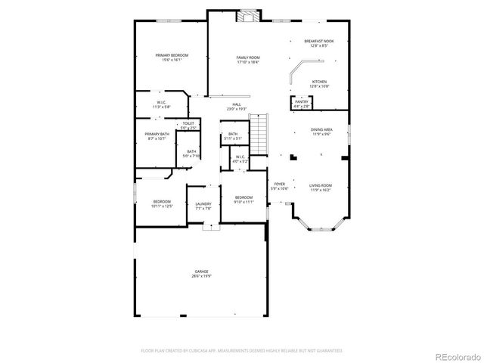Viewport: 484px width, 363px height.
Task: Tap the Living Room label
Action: click(x=321, y=187)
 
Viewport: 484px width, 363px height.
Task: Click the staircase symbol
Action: click(x=260, y=134)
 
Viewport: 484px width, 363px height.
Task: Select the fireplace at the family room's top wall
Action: click(x=247, y=16)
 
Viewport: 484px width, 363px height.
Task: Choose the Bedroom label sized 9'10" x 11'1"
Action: click(x=243, y=200)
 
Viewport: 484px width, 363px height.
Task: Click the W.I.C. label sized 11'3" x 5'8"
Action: click(x=162, y=104)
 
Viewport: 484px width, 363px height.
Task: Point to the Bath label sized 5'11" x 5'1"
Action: click(x=233, y=136)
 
